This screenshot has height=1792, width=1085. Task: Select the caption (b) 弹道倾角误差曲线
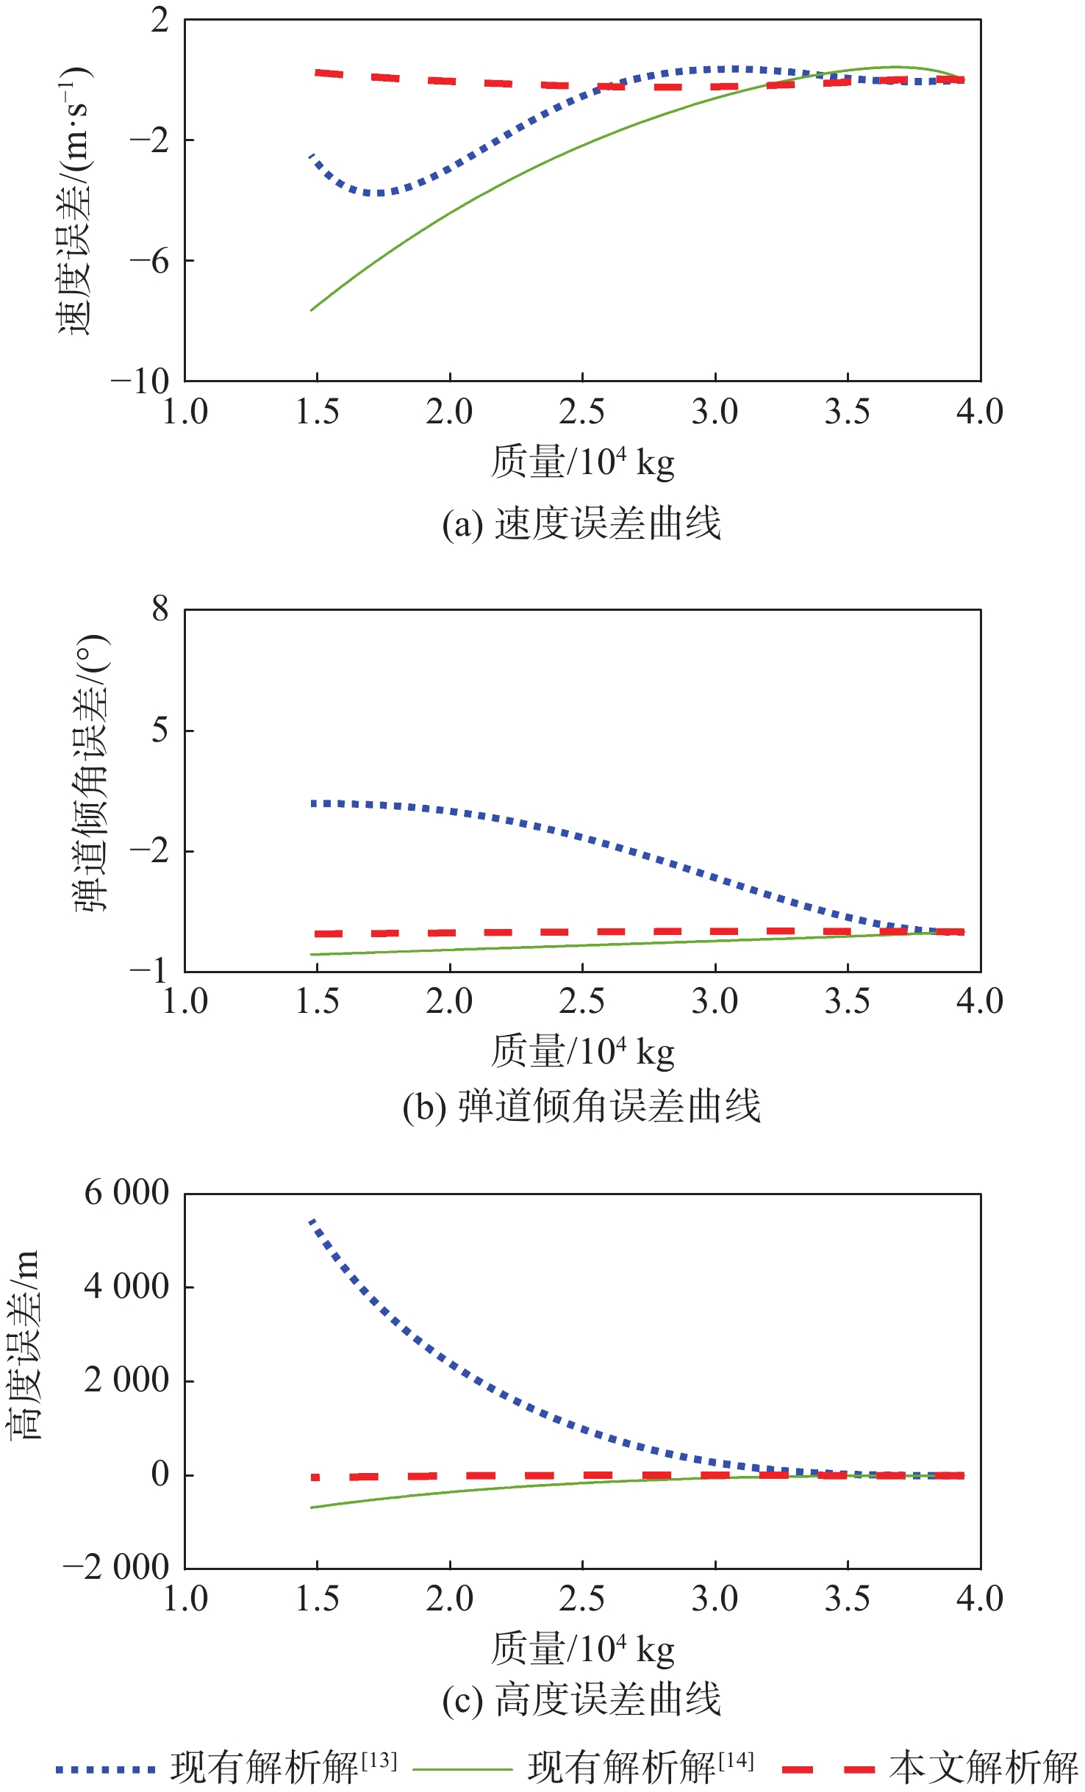(x=581, y=1106)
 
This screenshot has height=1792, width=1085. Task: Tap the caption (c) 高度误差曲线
(x=581, y=1700)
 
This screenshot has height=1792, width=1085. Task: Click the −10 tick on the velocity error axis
(x=140, y=381)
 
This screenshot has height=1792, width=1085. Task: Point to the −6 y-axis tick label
(x=149, y=261)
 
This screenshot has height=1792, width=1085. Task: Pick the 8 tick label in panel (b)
(x=160, y=609)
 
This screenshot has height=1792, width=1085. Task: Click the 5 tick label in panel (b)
(x=160, y=731)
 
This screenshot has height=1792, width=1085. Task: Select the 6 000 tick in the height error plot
(x=126, y=1192)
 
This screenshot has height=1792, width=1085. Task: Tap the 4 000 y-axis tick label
(x=126, y=1287)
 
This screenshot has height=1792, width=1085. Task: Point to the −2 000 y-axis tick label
(x=116, y=1568)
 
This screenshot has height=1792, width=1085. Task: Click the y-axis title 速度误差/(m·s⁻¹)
(x=74, y=200)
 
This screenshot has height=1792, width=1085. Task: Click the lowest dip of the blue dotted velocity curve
(x=379, y=193)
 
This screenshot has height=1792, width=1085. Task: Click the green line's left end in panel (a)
(x=312, y=310)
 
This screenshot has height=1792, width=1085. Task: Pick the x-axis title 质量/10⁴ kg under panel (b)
(x=582, y=1051)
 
